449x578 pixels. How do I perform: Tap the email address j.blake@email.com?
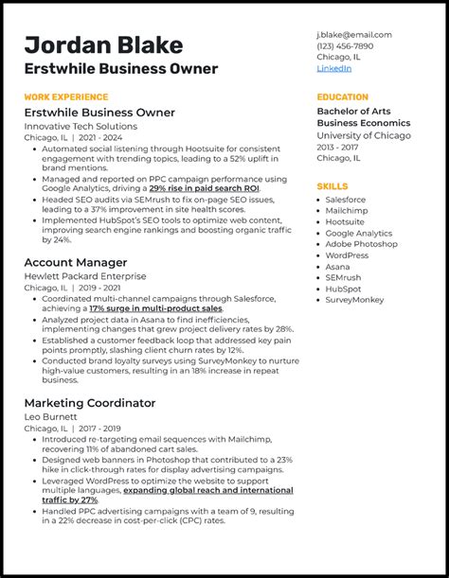[x=353, y=35]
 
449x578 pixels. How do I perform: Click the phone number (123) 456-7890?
[x=345, y=46]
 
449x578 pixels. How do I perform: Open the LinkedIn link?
[x=333, y=69]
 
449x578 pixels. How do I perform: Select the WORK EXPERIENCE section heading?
[x=65, y=96]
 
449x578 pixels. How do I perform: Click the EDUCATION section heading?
[x=342, y=96]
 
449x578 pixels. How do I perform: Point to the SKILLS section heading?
[x=332, y=186]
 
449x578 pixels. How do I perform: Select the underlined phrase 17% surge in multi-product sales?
[x=155, y=308]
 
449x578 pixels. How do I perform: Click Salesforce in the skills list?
[x=346, y=200]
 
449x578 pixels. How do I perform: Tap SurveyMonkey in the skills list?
[x=355, y=300]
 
